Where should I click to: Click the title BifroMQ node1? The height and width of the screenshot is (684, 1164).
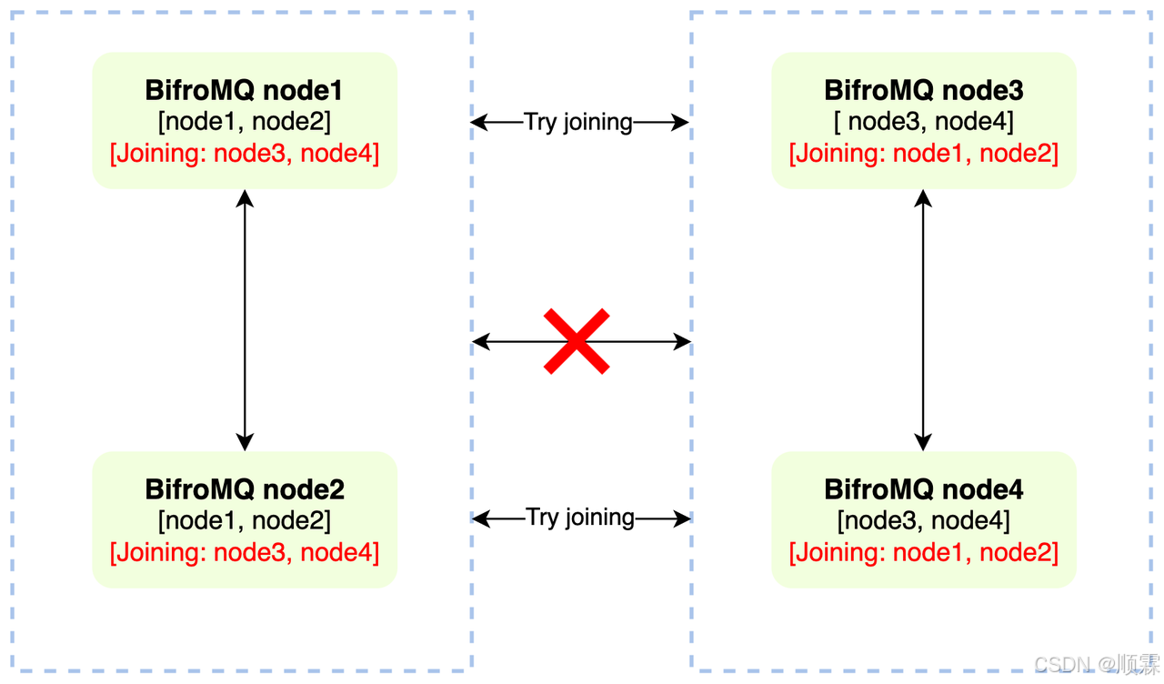point(244,91)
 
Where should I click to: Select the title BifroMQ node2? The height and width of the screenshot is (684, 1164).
point(244,489)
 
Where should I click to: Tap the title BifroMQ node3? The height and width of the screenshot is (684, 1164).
point(923,91)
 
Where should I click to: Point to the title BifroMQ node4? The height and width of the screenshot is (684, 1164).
point(923,489)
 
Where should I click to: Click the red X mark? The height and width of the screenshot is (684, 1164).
point(577,341)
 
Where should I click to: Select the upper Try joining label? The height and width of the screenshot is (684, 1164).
point(578,122)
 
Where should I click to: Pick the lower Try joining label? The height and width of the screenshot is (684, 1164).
point(580,518)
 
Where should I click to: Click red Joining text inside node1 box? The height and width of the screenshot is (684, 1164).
point(244,153)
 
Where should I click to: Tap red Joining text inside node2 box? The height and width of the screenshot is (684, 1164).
point(244,551)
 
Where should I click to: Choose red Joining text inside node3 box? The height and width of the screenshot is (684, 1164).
point(923,153)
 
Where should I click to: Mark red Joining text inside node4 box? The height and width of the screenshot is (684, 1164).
point(923,551)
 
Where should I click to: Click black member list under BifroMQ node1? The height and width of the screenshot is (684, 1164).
point(244,122)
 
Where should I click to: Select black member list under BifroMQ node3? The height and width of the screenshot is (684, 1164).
point(923,122)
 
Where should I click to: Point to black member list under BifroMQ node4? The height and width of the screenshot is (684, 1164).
point(923,520)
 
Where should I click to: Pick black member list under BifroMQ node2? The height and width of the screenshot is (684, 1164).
point(244,520)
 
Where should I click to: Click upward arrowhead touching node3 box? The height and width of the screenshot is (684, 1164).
point(923,197)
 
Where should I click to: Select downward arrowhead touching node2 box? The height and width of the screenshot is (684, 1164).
point(245,442)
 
